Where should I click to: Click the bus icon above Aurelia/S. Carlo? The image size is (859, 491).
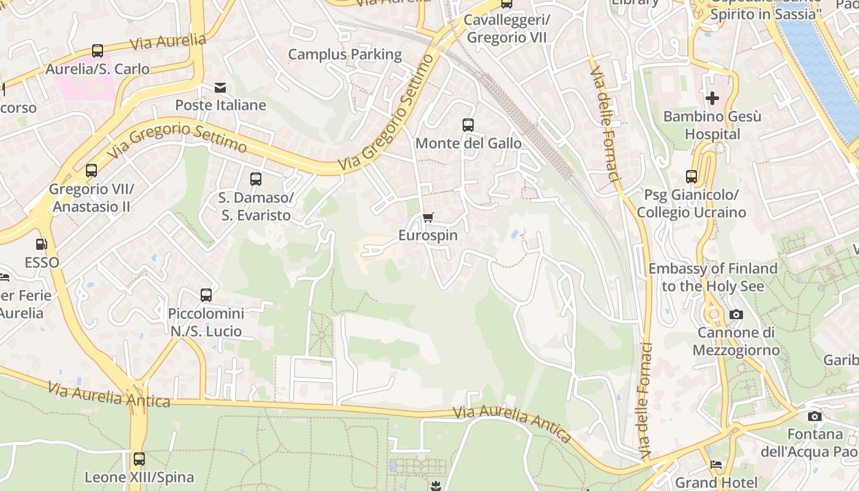tap(98, 51)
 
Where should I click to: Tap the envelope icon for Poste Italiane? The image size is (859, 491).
tap(220, 88)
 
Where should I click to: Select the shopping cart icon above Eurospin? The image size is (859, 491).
tap(428, 218)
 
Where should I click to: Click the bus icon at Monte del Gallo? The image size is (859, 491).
tap(468, 125)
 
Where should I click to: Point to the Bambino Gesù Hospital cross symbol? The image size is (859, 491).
tap(712, 98)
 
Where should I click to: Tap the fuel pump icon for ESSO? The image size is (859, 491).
tap(42, 244)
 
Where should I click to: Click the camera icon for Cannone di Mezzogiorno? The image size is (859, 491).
tap(736, 315)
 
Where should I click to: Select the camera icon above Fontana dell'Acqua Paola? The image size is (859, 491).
tap(815, 417)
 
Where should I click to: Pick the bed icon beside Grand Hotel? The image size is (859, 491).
tap(716, 465)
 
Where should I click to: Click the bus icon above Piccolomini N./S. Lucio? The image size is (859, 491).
tap(206, 295)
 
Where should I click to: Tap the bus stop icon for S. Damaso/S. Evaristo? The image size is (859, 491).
tap(256, 179)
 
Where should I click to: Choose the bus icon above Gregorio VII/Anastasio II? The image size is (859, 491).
tap(91, 171)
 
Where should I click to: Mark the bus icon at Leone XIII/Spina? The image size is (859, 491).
tap(139, 459)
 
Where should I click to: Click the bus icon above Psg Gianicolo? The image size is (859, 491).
tap(691, 177)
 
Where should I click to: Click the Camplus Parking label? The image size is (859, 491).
tap(345, 55)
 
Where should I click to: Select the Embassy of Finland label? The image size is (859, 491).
tap(712, 277)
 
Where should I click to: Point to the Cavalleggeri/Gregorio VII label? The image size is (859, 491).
tap(507, 29)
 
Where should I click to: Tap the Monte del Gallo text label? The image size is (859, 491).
tap(469, 144)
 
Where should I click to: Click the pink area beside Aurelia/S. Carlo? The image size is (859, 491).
tap(83, 87)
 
